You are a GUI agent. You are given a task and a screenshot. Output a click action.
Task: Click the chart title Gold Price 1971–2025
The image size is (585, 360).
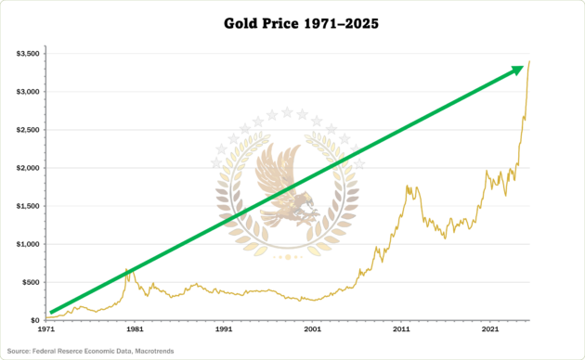click(x=292, y=21)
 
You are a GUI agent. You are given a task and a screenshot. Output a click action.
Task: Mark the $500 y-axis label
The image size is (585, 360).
click(x=31, y=282)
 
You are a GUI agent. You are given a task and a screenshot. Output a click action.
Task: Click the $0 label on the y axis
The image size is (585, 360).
click(x=34, y=320)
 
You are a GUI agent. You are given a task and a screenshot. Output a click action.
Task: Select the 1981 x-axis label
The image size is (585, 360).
click(x=135, y=329)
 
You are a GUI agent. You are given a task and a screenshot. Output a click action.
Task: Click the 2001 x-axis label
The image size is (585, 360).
click(x=312, y=329)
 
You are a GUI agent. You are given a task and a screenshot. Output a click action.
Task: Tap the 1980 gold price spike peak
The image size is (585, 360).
click(x=126, y=269)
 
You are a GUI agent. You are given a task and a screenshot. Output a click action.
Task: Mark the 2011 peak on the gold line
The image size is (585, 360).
click(x=407, y=186)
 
